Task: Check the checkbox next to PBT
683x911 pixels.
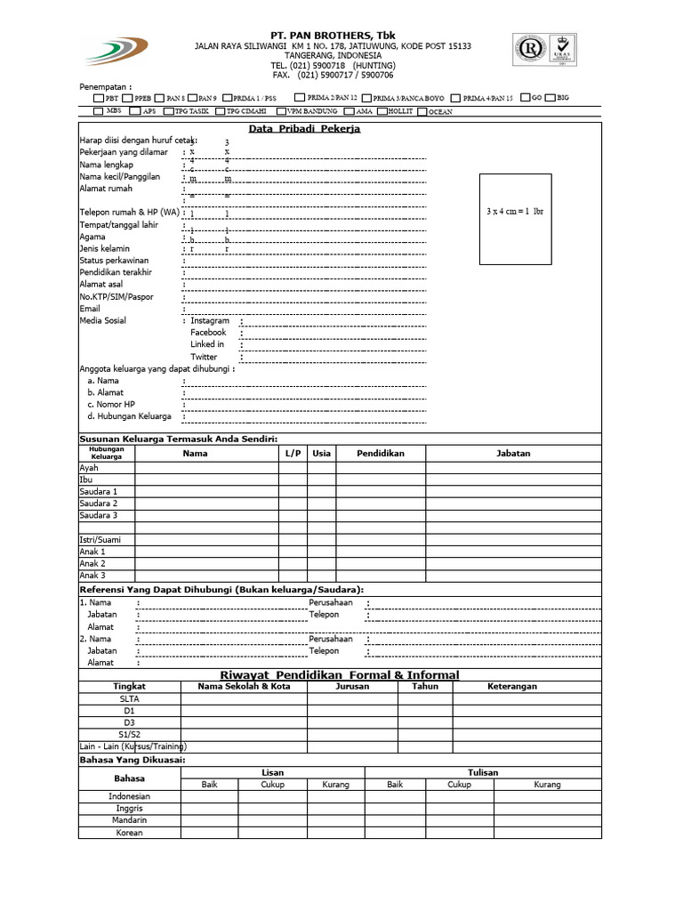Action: [x=98, y=98]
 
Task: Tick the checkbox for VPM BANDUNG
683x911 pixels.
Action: [x=281, y=112]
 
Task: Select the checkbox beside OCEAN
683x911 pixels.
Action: [x=422, y=112]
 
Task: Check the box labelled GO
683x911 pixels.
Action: [x=526, y=98]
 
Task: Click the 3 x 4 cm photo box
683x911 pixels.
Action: [x=515, y=219]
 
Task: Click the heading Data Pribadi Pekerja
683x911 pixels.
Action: [x=304, y=129]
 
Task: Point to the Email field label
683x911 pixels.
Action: [x=90, y=309]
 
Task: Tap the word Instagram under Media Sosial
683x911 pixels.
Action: [x=210, y=320]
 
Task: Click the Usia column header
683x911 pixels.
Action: [x=321, y=454]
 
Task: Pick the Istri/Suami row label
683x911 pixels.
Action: [x=100, y=540]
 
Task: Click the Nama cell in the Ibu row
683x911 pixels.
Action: [x=206, y=480]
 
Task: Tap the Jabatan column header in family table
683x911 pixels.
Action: [x=512, y=454]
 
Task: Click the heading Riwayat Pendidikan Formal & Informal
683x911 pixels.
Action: [x=339, y=675]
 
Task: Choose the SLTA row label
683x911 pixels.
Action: [x=130, y=698]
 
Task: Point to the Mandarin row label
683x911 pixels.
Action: [x=130, y=820]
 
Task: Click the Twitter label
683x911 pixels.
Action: [x=204, y=356]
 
